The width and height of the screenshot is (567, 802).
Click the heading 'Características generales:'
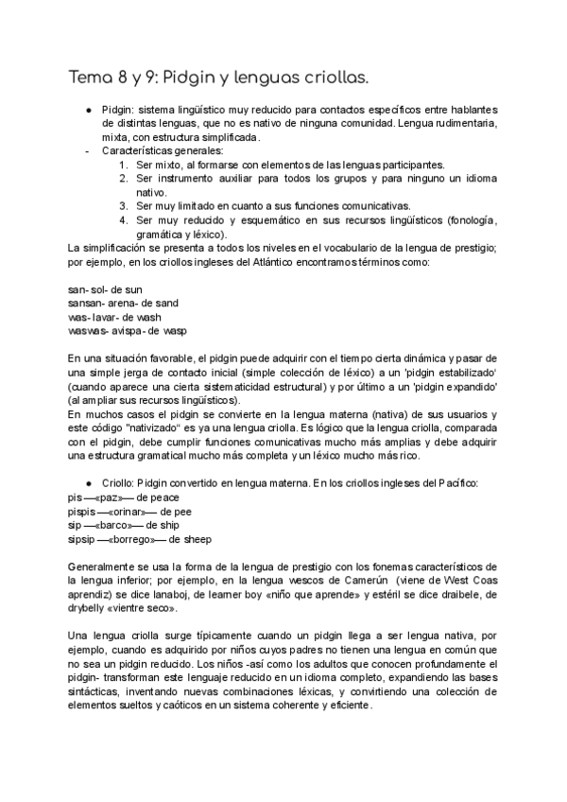pos(163,150)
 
